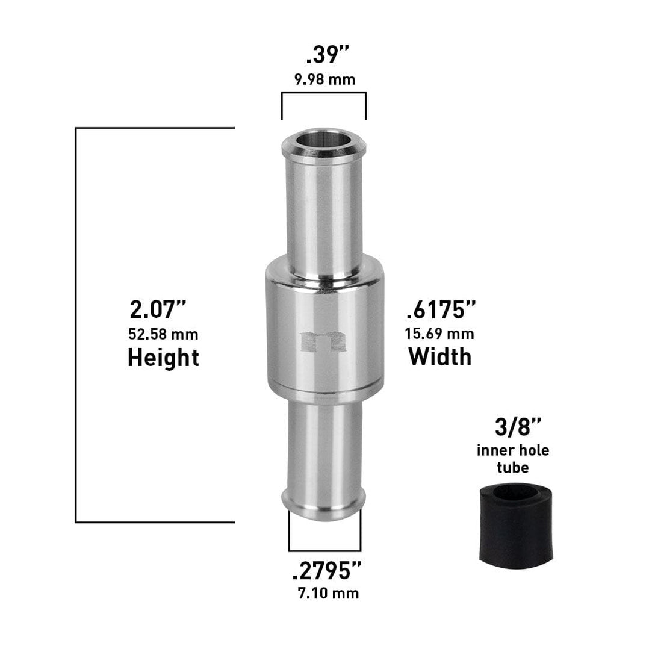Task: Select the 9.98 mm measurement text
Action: pyautogui.click(x=324, y=79)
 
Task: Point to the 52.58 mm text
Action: pyautogui.click(x=163, y=333)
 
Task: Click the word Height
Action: pyautogui.click(x=163, y=358)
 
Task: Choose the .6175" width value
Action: pyautogui.click(x=441, y=310)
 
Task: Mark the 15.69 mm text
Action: pyautogui.click(x=440, y=333)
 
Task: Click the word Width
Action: pyautogui.click(x=440, y=356)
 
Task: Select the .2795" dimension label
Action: pyautogui.click(x=327, y=570)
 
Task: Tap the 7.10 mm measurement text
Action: pyautogui.click(x=328, y=593)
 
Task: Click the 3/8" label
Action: pyautogui.click(x=513, y=429)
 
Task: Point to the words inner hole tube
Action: pyautogui.click(x=513, y=458)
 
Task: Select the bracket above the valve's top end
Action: pyautogui.click(x=324, y=93)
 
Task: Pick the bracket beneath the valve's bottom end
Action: pyautogui.click(x=324, y=550)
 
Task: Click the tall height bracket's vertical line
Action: pyautogui.click(x=76, y=325)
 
